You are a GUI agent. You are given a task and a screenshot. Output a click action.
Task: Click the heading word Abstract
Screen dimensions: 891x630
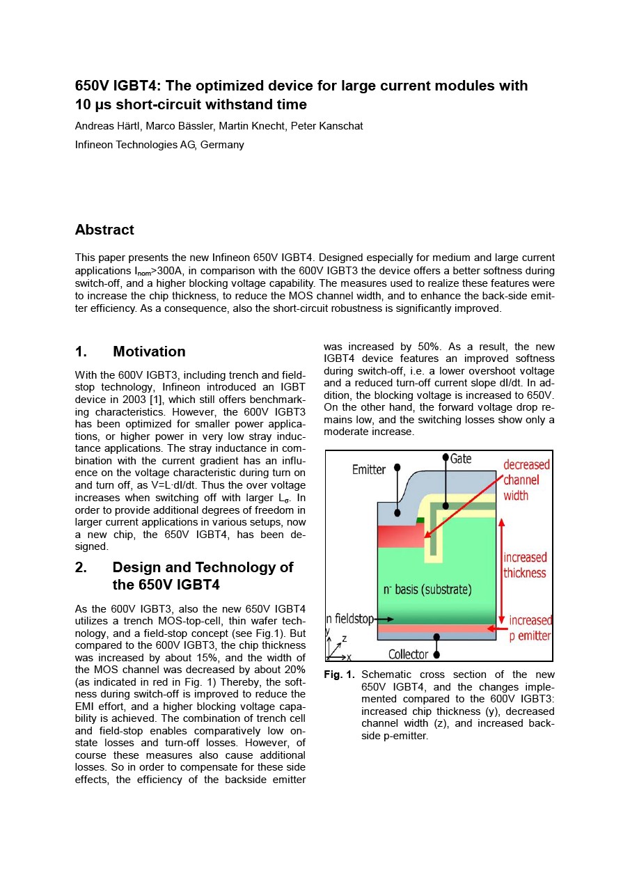click(x=104, y=230)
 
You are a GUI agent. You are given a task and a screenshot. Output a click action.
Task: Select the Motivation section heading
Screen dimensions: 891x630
click(x=149, y=352)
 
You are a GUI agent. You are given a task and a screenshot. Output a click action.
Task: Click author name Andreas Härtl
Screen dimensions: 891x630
click(x=107, y=126)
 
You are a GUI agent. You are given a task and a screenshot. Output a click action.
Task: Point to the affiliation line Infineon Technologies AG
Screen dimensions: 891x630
click(x=159, y=145)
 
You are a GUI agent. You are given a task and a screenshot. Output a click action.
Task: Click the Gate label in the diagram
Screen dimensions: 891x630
click(x=461, y=458)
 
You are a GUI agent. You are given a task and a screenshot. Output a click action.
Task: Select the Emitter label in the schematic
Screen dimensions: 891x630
click(x=368, y=470)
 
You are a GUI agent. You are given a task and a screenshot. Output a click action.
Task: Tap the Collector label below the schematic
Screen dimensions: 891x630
click(x=408, y=654)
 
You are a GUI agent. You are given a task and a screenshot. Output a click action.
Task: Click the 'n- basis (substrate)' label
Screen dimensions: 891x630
click(x=427, y=590)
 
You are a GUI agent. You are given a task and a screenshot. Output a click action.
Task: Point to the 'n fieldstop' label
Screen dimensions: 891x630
click(x=350, y=618)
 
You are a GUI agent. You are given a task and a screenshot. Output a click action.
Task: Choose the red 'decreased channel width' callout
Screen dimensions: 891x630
click(x=526, y=480)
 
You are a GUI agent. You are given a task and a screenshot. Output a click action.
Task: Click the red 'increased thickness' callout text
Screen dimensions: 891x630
click(x=525, y=565)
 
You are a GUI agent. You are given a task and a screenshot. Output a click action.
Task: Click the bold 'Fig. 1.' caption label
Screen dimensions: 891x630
click(x=339, y=675)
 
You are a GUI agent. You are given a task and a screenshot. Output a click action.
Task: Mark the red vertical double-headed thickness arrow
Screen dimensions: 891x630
click(x=501, y=571)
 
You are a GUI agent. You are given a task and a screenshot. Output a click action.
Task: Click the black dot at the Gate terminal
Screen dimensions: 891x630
click(x=446, y=457)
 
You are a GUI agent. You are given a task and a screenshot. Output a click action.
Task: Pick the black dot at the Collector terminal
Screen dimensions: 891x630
click(x=436, y=654)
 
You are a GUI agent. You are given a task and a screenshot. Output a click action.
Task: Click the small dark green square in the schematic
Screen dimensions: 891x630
click(x=420, y=520)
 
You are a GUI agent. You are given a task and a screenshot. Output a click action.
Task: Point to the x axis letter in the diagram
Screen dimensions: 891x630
click(x=349, y=657)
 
